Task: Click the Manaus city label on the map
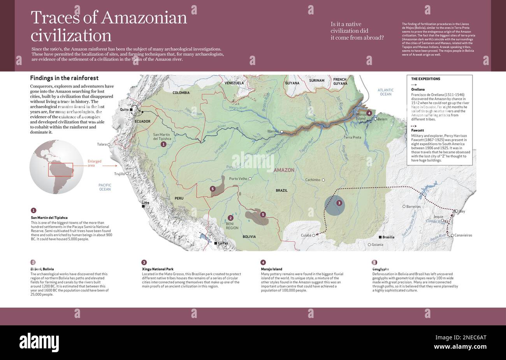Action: click(x=273, y=131)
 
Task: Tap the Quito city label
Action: click(x=124, y=110)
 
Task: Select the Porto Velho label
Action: click(x=239, y=179)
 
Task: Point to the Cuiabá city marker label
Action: click(x=306, y=235)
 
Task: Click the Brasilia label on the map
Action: click(x=388, y=237)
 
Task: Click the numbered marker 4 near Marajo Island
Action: click(x=369, y=113)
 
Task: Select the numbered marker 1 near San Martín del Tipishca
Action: click(x=163, y=144)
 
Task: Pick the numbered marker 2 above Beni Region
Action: click(x=230, y=218)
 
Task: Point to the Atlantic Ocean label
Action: click(x=385, y=92)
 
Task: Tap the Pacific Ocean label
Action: click(x=105, y=187)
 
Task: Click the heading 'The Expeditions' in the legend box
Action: click(x=425, y=79)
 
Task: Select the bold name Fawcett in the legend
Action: click(x=417, y=130)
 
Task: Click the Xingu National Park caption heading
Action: click(x=158, y=269)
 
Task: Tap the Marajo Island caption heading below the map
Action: click(x=271, y=269)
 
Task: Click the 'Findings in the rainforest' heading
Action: click(x=64, y=78)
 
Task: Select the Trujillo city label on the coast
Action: click(x=119, y=174)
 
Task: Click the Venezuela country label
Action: click(x=234, y=83)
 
